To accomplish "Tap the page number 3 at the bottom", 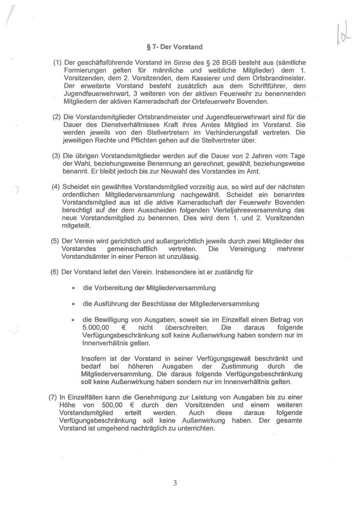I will point(176,483).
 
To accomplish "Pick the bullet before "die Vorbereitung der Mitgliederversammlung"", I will point(72,287).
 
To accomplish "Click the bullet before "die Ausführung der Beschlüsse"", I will point(72,304).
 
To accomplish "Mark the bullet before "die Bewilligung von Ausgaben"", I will point(72,320).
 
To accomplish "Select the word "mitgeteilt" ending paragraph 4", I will point(80,226).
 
